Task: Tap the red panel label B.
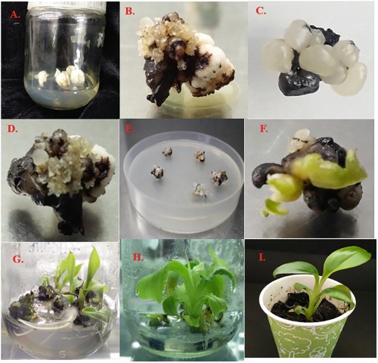pyautogui.click(x=129, y=11)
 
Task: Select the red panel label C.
pyautogui.click(x=261, y=11)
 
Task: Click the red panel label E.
pyautogui.click(x=130, y=129)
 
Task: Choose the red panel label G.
pyautogui.click(x=18, y=259)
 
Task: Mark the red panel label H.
pyautogui.click(x=138, y=257)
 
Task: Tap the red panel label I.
pyautogui.click(x=262, y=258)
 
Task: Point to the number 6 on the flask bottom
pyautogui.click(x=63, y=354)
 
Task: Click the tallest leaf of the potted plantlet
pyautogui.click(x=345, y=262)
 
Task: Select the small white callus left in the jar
pyautogui.click(x=43, y=76)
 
